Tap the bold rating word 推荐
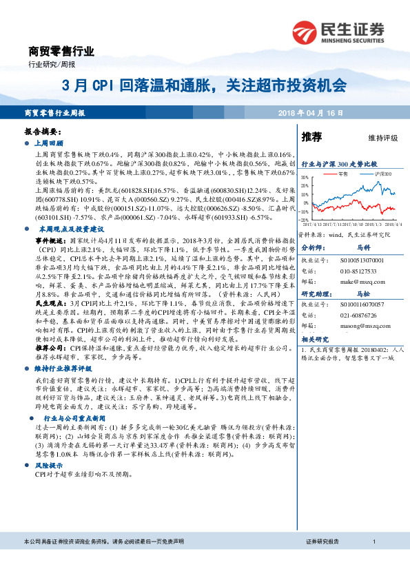pyautogui.click(x=311, y=137)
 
